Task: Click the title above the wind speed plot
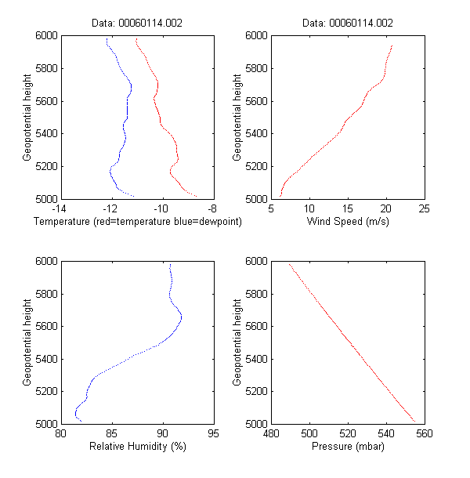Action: pyautogui.click(x=348, y=24)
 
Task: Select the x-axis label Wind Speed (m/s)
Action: pyautogui.click(x=348, y=223)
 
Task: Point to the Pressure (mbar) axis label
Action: pyautogui.click(x=348, y=447)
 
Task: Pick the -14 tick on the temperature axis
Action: pyautogui.click(x=59, y=208)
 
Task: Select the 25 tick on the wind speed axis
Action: pyautogui.click(x=425, y=208)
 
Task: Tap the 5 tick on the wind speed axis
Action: pyautogui.click(x=271, y=208)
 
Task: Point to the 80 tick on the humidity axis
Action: pyautogui.click(x=60, y=433)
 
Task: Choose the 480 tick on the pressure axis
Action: pyautogui.click(x=271, y=433)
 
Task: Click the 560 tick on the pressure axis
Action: pyautogui.click(x=425, y=433)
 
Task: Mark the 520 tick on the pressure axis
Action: pyautogui.click(x=348, y=433)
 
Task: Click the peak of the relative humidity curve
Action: pyautogui.click(x=182, y=317)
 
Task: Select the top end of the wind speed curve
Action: pyautogui.click(x=392, y=45)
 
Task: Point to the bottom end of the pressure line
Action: pyautogui.click(x=414, y=422)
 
